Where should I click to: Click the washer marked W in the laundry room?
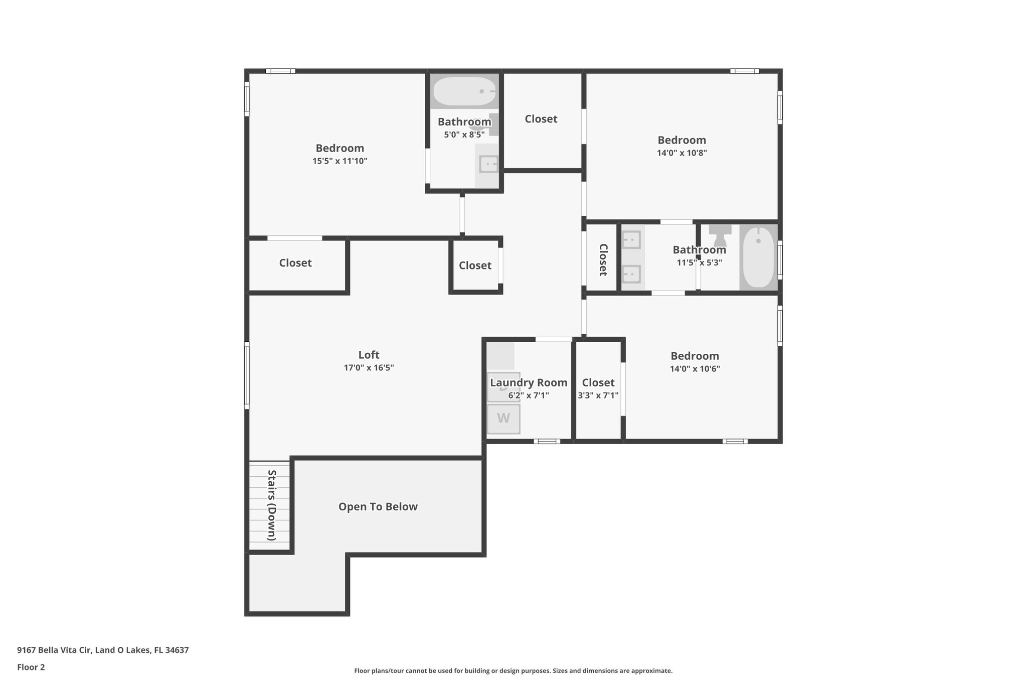503,419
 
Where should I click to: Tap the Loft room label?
369,355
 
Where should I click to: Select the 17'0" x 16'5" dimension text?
369,368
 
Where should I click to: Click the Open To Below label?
378,507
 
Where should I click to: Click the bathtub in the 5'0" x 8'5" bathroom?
464,91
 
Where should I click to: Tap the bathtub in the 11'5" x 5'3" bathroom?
758,257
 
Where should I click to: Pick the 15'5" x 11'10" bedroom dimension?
340,161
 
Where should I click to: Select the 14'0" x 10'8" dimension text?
682,153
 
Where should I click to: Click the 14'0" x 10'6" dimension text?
695,369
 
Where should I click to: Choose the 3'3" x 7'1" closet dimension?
598,395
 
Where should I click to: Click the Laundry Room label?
529,383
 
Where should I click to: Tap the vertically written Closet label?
603,260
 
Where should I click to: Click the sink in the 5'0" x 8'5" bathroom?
488,164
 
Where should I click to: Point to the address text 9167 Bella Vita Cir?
54,650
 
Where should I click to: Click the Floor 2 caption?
31,667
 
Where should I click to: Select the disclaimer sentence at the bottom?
513,670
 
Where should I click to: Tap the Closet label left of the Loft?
295,263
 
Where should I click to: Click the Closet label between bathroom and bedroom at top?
541,119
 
